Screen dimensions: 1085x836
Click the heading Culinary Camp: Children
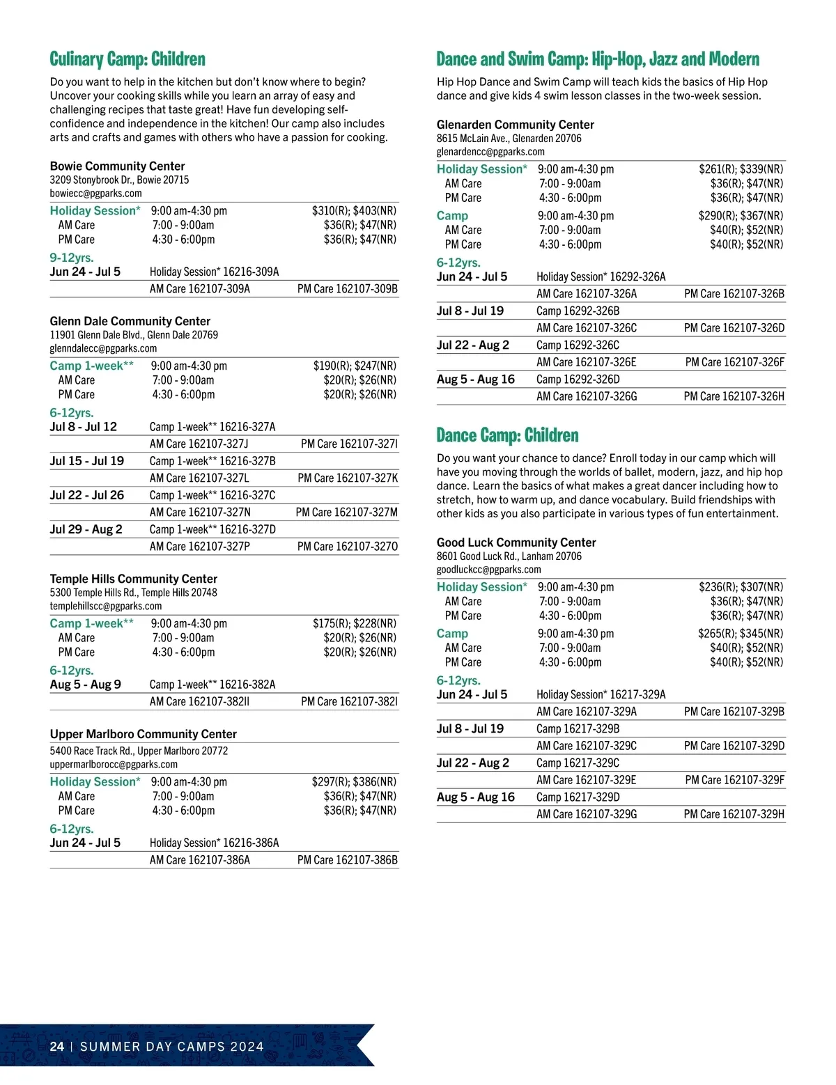(127, 59)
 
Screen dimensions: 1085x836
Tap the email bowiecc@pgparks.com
(95, 194)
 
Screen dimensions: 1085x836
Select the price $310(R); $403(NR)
(354, 211)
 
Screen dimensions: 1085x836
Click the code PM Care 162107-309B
(347, 289)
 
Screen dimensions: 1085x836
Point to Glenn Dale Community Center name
(130, 321)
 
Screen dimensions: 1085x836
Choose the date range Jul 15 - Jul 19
(86, 461)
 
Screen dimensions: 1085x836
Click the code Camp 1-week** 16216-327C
(212, 495)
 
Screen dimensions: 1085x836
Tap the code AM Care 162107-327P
(199, 547)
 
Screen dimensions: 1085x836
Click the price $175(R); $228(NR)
(354, 624)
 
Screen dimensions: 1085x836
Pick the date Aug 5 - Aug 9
(85, 685)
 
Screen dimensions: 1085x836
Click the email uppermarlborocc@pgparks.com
(114, 765)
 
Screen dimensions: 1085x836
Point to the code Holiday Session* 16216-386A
(214, 843)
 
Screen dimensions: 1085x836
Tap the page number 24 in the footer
(57, 1047)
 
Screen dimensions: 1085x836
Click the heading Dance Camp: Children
(507, 436)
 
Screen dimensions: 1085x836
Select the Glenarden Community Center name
(515, 125)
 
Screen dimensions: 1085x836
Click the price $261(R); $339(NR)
(741, 169)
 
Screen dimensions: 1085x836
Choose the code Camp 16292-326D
(578, 380)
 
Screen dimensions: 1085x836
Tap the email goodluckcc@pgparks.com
(488, 570)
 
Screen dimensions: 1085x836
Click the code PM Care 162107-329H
(734, 814)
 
